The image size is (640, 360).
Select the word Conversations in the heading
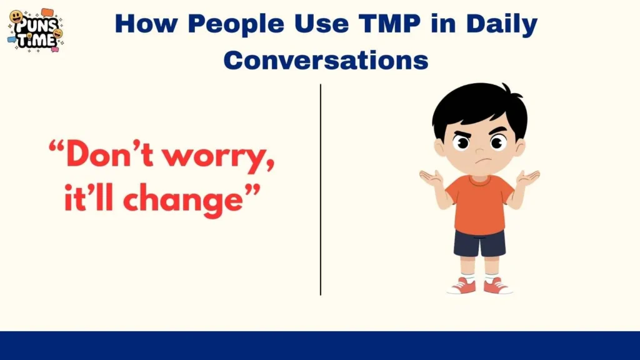pos(326,61)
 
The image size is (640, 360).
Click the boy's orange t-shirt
pos(479,203)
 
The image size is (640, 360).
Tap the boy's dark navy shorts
pos(479,243)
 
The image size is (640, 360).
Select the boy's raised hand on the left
pos(431,179)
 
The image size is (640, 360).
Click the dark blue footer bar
pos(320,346)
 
